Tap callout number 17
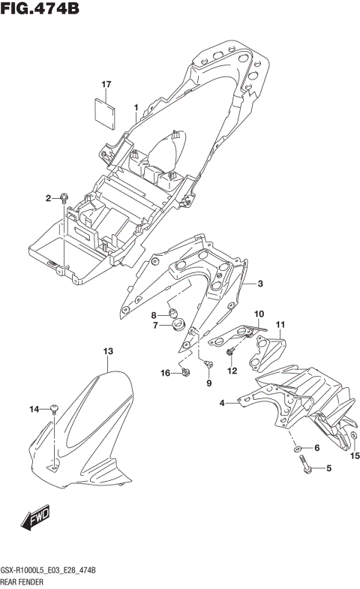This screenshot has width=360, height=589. pos(106,84)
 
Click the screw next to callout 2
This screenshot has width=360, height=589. pos(64,197)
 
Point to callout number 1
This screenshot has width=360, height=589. pos(136,108)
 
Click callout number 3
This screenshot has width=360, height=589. pos(260,284)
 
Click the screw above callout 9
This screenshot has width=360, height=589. pos(208,365)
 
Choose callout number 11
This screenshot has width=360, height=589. pos(280,325)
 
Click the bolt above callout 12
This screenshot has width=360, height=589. pos(232,351)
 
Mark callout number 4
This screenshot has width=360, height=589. pos(222,404)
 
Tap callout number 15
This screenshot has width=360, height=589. pos(355,456)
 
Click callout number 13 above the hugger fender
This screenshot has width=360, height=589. pos(108,351)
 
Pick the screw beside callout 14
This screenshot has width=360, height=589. pos(55,409)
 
